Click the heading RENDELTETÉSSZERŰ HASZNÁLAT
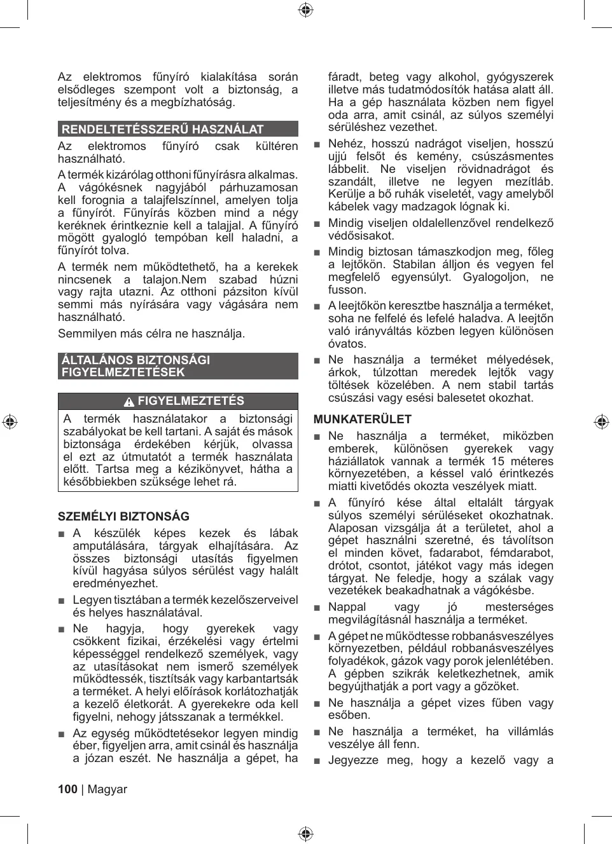click(162, 129)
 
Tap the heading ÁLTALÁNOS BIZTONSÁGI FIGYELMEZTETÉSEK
click(136, 366)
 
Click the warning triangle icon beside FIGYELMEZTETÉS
click(129, 402)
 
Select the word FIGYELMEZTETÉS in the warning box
click(191, 401)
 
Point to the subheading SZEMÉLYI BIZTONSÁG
click(123, 517)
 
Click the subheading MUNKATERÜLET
click(362, 419)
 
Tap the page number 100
click(67, 789)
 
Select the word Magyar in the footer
click(107, 789)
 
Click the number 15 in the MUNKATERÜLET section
click(497, 461)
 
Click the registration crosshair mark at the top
click(305, 10)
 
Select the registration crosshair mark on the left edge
click(10, 422)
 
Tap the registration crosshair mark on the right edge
click(601, 422)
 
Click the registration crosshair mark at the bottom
click(305, 834)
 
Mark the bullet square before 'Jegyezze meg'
click(317, 761)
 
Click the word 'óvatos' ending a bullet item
click(347, 344)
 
